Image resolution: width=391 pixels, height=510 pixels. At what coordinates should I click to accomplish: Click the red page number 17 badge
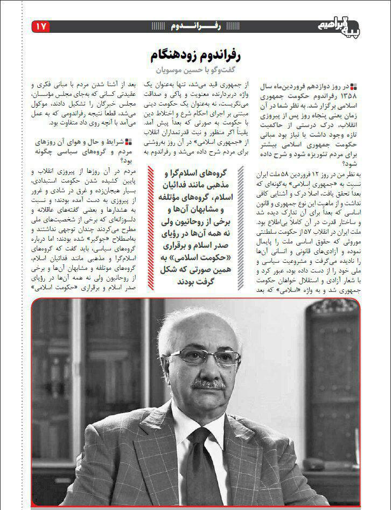click(41, 26)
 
